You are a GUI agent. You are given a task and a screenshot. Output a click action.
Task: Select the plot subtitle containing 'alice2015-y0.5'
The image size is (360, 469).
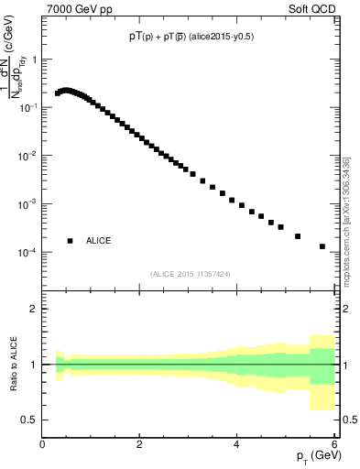pyautogui.click(x=191, y=38)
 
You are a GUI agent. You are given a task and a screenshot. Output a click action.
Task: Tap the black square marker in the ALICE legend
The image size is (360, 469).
pyautogui.click(x=70, y=241)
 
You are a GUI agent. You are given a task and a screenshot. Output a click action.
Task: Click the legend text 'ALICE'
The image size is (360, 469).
pyautogui.click(x=99, y=241)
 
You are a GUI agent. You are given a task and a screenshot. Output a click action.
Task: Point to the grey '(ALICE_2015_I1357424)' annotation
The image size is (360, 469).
pyautogui.click(x=191, y=273)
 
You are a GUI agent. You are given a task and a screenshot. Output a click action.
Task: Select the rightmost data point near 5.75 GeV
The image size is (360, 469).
pyautogui.click(x=322, y=246)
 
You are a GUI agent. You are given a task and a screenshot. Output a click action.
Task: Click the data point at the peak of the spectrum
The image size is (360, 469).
pyautogui.click(x=66, y=91)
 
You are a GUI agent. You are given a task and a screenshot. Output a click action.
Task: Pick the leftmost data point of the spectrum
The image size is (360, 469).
pyautogui.click(x=57, y=93)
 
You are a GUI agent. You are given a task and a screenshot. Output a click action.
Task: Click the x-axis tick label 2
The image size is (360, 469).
pyautogui.click(x=139, y=444)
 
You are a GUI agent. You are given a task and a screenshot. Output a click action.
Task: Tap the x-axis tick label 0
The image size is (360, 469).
pyautogui.click(x=42, y=444)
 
